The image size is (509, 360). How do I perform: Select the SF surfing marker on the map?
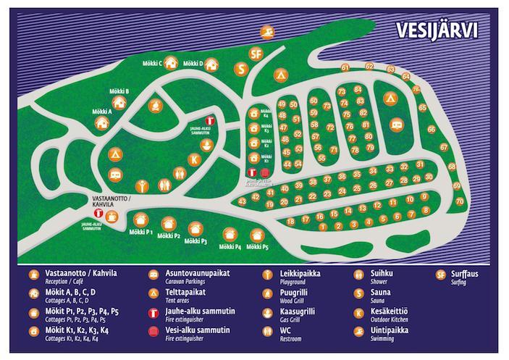[x=254, y=54]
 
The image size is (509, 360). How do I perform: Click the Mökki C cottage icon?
[x=172, y=64]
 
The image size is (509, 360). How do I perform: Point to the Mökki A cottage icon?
[x=103, y=123]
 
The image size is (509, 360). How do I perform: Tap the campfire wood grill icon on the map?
[x=155, y=106]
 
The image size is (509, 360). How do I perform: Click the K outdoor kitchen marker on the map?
[x=193, y=160]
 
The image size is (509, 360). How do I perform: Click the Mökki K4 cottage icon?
[x=254, y=114]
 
